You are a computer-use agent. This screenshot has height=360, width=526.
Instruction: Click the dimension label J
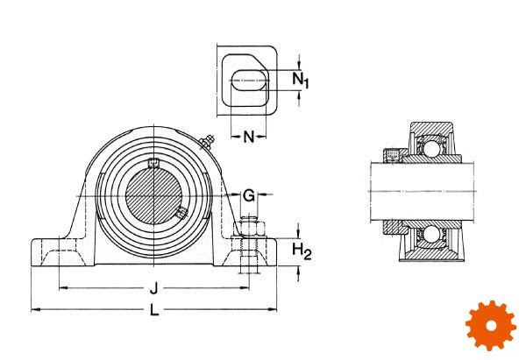(x=154, y=288)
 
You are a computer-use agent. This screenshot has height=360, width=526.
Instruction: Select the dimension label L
(x=154, y=310)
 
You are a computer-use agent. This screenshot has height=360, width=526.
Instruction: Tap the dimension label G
(x=249, y=195)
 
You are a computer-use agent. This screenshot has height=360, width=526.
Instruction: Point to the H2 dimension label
(x=302, y=251)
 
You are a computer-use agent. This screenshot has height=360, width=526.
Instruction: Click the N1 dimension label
(x=301, y=81)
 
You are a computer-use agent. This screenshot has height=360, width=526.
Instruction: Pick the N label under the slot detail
(x=249, y=137)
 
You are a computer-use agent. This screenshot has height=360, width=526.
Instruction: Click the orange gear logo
(x=491, y=325)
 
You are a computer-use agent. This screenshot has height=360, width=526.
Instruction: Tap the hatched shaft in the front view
(x=153, y=195)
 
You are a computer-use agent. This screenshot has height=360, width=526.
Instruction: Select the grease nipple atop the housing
(x=206, y=142)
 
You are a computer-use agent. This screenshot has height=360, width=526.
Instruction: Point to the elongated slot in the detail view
(x=250, y=81)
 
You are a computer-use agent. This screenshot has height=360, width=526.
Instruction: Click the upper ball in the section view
(x=429, y=146)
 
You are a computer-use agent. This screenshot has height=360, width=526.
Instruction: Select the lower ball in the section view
(x=429, y=234)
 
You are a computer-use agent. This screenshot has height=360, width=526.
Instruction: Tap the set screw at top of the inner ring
(x=153, y=163)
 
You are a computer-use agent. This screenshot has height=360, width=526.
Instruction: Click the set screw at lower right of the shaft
(x=181, y=212)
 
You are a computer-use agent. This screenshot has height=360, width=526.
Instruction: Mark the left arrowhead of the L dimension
(x=34, y=310)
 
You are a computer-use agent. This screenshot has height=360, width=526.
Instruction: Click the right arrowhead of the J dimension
(x=245, y=287)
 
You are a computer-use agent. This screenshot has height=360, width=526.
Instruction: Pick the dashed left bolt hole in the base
(x=68, y=251)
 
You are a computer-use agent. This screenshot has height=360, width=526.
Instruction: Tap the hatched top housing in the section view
(x=431, y=129)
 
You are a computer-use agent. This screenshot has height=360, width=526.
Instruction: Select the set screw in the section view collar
(x=393, y=156)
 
